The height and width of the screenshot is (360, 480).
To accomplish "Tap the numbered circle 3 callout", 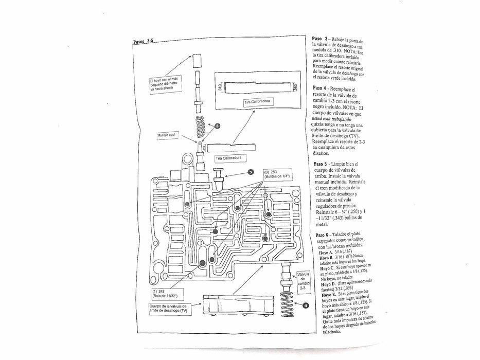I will (217, 127).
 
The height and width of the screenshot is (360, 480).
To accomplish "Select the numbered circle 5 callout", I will (251, 172).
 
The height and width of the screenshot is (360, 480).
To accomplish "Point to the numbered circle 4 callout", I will (306, 305).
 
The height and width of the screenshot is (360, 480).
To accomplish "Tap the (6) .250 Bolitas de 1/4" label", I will (277, 174).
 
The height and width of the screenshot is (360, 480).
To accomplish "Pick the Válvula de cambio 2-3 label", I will (303, 283).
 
